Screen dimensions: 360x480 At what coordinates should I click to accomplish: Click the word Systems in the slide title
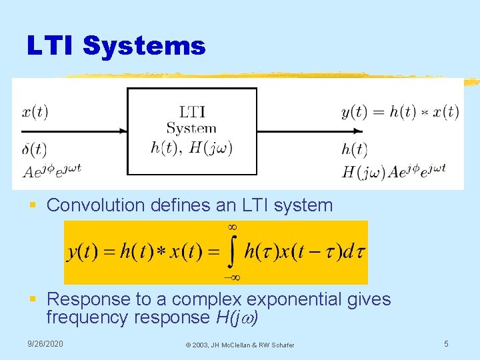(144, 47)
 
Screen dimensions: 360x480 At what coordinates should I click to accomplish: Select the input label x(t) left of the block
(35, 111)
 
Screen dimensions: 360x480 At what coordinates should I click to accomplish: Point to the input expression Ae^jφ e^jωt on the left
(51, 170)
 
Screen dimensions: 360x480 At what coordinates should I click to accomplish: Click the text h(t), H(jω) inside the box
(191, 148)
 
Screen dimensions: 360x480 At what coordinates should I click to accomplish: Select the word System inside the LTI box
(191, 128)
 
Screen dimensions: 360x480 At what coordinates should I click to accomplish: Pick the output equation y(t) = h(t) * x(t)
(400, 111)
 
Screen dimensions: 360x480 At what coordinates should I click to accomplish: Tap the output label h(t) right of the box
(354, 149)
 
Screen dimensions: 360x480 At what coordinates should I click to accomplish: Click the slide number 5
(447, 344)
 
